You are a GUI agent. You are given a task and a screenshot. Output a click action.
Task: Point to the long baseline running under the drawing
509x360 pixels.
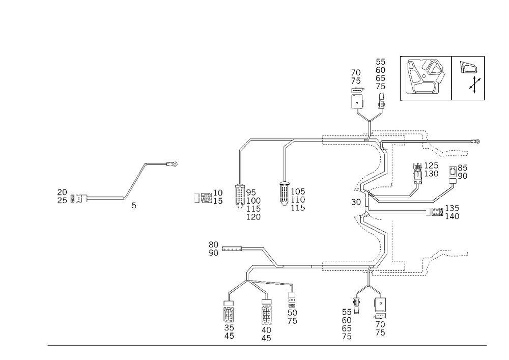point(267,345)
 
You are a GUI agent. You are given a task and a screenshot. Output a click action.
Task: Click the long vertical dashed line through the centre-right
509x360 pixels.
point(391,204)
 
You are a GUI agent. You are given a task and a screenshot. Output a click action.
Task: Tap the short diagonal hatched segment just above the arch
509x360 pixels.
point(270,257)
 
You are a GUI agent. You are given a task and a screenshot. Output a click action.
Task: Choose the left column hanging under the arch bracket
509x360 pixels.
point(229,321)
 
